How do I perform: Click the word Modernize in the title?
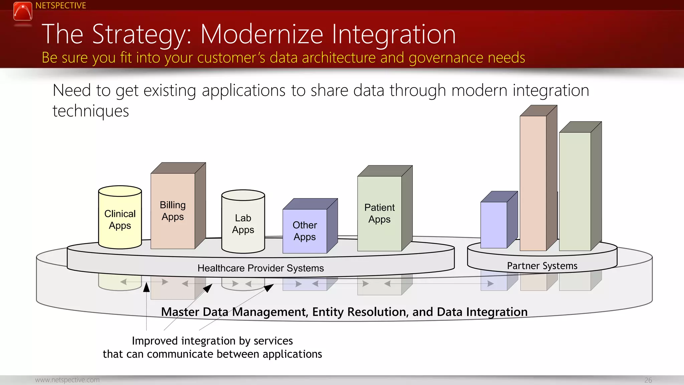tap(262, 34)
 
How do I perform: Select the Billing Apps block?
tap(173, 211)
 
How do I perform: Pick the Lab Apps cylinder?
tap(243, 224)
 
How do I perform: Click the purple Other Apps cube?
tap(305, 231)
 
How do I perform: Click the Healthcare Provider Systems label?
tap(261, 268)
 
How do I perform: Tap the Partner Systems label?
tap(542, 266)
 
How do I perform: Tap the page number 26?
tap(648, 380)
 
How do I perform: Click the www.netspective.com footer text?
tap(67, 380)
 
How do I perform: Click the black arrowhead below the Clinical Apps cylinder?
tap(146, 287)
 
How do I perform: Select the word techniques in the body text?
tap(91, 111)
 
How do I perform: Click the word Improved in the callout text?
tap(155, 341)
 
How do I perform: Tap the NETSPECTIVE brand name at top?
tap(61, 6)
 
